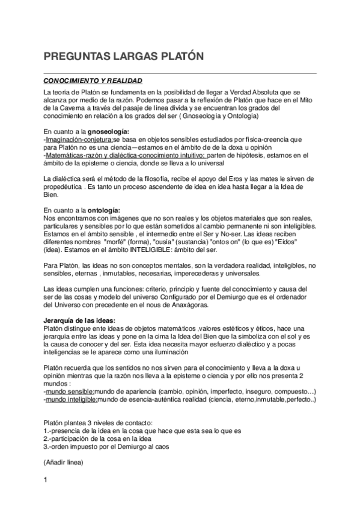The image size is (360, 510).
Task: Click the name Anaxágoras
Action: point(186,305)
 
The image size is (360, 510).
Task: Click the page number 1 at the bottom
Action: point(46,479)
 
